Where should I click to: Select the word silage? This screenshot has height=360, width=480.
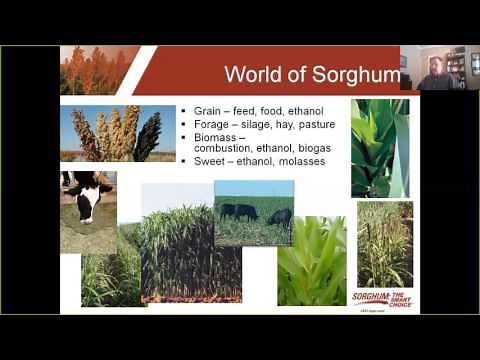point(261,124)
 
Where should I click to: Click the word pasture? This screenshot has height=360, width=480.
point(314,124)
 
